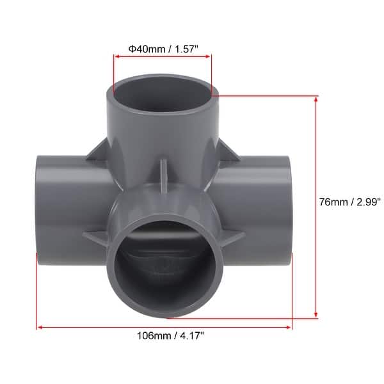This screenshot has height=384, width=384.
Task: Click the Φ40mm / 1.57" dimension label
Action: tap(162, 47)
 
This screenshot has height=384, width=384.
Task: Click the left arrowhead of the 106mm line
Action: tap(40, 327)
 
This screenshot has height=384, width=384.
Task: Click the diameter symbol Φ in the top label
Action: tap(131, 47)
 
